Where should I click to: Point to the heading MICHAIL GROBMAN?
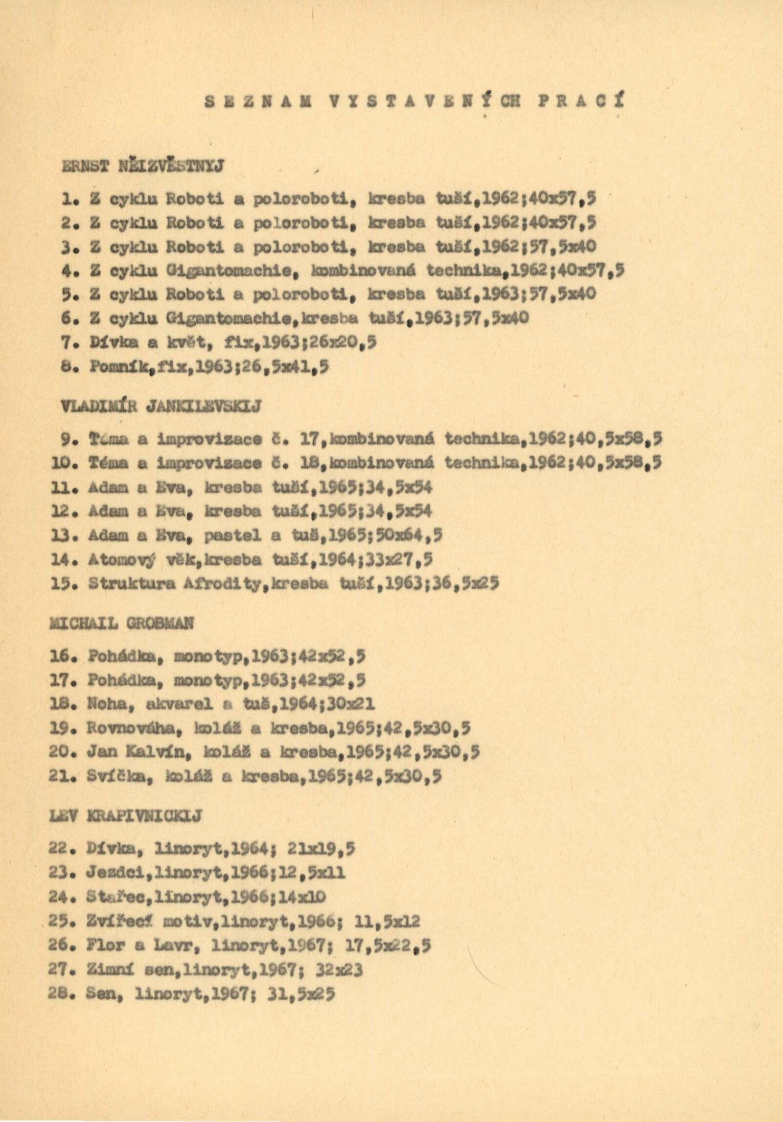coord(122,623)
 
